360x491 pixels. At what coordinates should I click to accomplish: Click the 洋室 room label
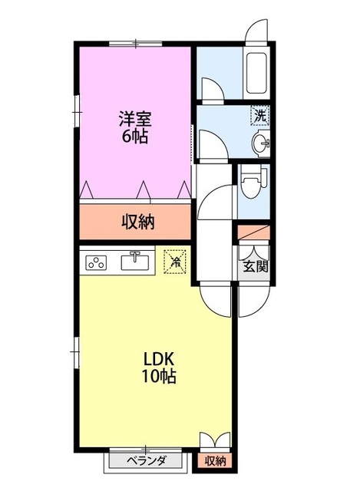(134, 119)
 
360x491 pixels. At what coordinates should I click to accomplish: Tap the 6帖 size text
(134, 138)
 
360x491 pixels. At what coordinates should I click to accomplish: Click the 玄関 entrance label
(255, 268)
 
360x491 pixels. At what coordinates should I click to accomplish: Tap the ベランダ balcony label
(146, 461)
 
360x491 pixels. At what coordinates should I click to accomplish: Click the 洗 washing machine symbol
(261, 117)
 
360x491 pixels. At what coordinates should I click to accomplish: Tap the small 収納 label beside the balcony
(216, 461)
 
